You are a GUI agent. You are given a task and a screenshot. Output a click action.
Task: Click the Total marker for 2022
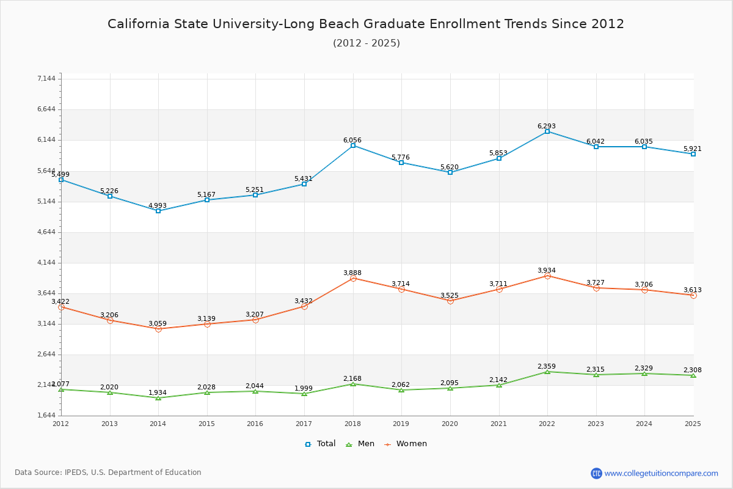pyautogui.click(x=547, y=131)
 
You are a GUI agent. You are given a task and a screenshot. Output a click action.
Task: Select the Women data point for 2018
pyautogui.click(x=353, y=279)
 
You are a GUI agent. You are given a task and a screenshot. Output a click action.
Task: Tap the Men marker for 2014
pyautogui.click(x=158, y=398)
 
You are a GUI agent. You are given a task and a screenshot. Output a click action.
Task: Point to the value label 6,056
pyautogui.click(x=352, y=140)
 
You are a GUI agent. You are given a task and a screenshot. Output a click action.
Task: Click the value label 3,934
pyautogui.click(x=547, y=270)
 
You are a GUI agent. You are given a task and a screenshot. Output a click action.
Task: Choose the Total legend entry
pyautogui.click(x=321, y=444)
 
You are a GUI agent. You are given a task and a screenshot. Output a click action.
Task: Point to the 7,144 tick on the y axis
pyautogui.click(x=46, y=79)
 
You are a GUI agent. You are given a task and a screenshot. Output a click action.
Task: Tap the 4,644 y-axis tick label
pyautogui.click(x=46, y=232)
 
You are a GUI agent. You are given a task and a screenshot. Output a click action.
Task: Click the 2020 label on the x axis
pyautogui.click(x=450, y=424)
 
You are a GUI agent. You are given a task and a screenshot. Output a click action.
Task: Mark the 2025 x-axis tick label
pyautogui.click(x=693, y=424)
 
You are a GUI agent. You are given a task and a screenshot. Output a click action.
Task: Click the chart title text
pyautogui.click(x=366, y=24)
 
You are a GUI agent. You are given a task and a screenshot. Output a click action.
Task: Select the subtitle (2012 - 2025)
pyautogui.click(x=366, y=43)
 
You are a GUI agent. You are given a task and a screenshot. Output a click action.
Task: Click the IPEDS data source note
pyautogui.click(x=108, y=472)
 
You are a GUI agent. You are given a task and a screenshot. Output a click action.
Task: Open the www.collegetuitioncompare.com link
pyautogui.click(x=661, y=473)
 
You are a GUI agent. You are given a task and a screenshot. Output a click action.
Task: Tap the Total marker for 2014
pyautogui.click(x=158, y=211)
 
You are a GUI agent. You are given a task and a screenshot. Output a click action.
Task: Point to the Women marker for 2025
pyautogui.click(x=693, y=295)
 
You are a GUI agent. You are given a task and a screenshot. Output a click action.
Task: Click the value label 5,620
pyautogui.click(x=450, y=167)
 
